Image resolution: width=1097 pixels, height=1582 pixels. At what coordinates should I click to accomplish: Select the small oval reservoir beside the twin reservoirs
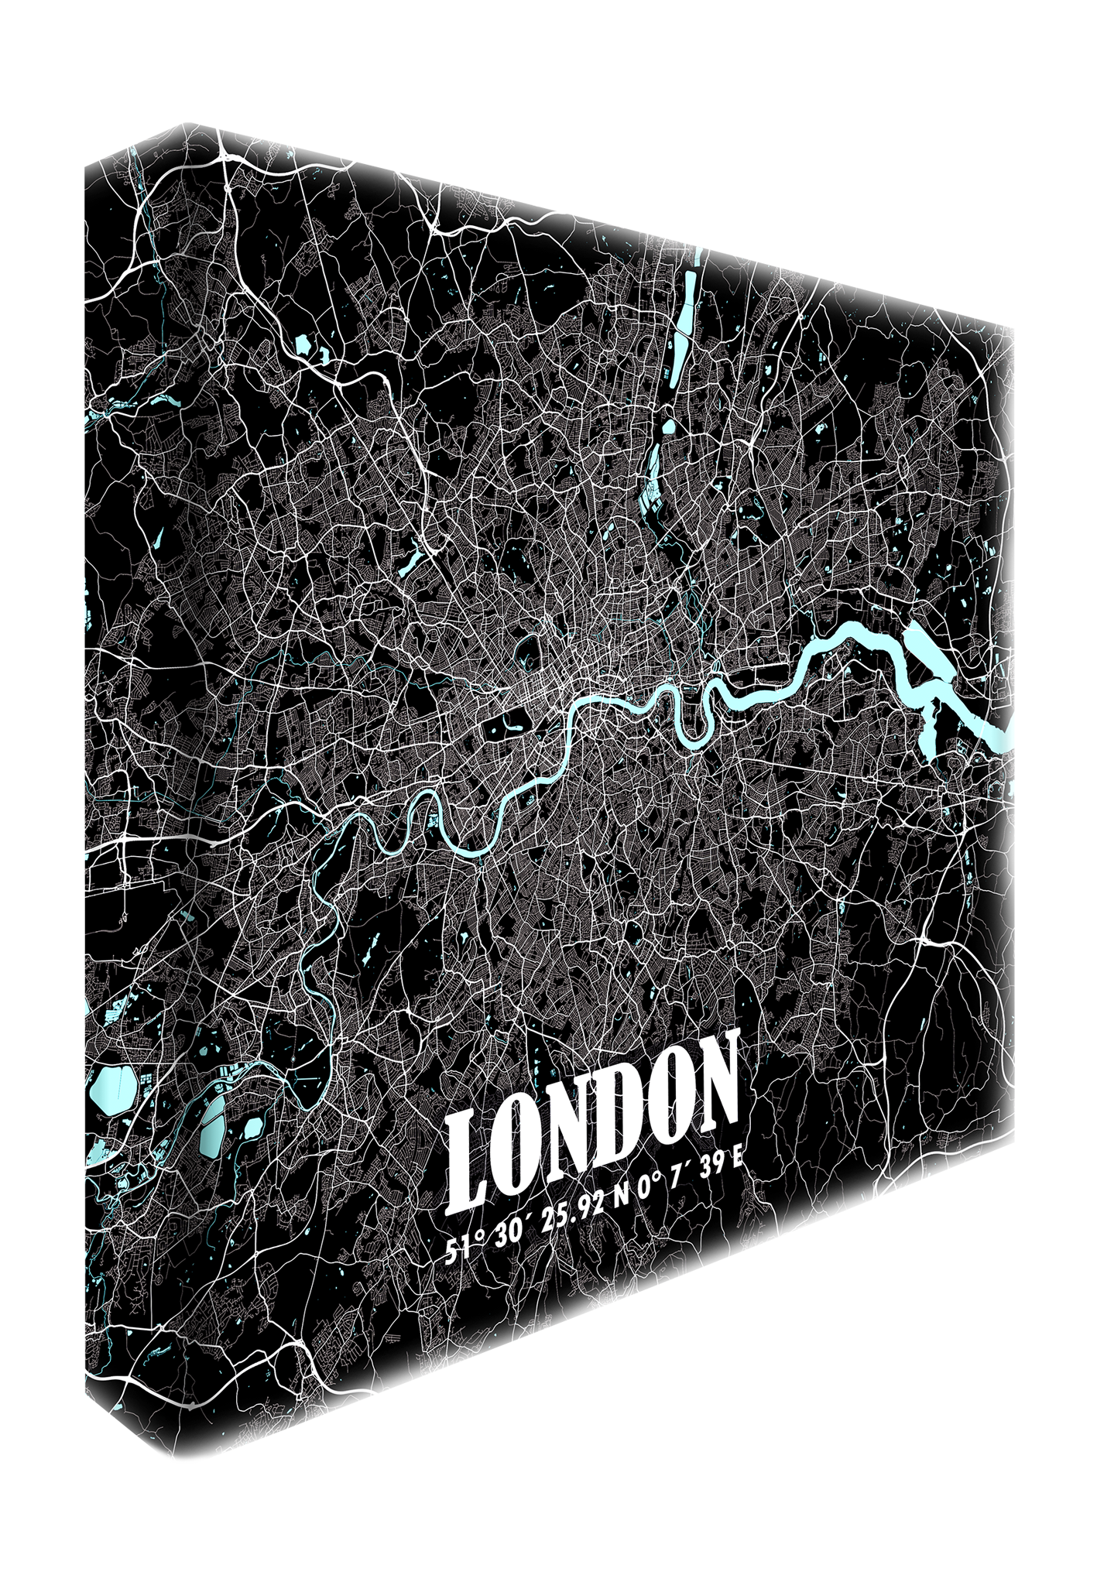tap(252, 1129)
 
